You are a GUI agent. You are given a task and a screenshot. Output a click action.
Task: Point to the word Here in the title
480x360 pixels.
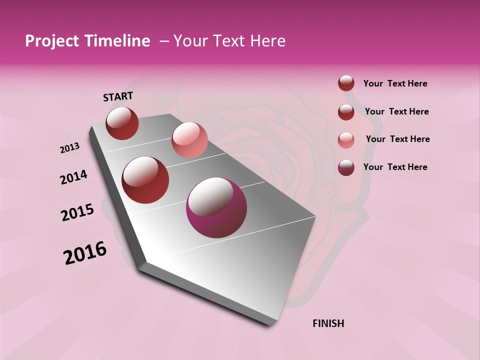268,41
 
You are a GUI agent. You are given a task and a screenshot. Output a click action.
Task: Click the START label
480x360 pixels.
118,96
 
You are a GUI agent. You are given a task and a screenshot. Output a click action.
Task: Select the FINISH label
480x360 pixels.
328,323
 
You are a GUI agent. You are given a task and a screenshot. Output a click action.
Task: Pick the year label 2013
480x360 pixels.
69,148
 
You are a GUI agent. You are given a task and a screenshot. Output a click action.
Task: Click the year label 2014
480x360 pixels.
73,177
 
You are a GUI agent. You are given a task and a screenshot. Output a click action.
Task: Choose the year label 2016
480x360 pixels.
85,253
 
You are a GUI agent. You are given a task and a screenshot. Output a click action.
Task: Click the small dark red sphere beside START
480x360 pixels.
122,123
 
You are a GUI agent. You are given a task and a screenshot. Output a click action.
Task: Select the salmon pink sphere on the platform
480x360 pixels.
189,140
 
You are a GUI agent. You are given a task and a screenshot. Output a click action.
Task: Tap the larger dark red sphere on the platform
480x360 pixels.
145,180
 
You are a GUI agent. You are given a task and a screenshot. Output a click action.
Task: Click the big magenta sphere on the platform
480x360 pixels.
216,208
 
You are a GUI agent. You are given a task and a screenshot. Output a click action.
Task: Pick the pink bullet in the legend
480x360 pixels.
346,139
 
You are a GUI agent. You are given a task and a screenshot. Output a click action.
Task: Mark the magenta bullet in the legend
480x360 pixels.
346,167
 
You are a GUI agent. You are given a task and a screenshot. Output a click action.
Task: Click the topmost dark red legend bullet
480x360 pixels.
346,83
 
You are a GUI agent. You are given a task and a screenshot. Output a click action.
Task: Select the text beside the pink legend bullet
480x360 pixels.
397,139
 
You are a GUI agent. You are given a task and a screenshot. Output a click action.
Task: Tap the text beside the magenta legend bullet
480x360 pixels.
395,167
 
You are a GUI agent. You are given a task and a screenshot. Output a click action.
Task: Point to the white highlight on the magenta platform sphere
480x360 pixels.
209,196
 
